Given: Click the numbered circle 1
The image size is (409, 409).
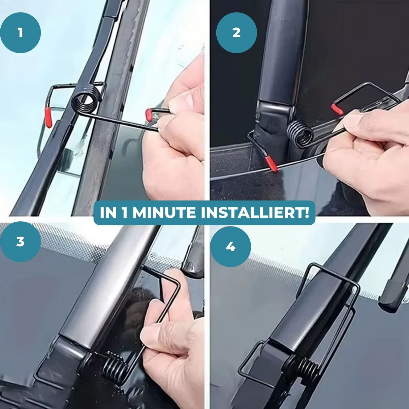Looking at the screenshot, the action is pos(20,33).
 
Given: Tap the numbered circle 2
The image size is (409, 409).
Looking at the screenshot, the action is pos(237,33).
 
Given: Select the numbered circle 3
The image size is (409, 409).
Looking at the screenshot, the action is pos(20,242).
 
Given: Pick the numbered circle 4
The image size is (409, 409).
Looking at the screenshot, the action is pos(231,247).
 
